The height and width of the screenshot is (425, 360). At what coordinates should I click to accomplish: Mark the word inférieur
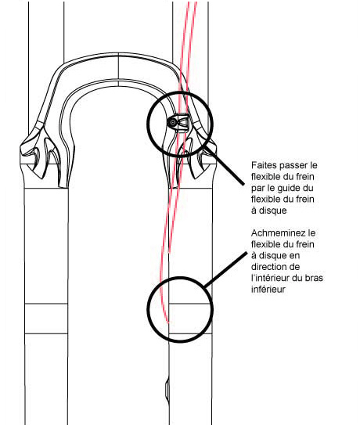tap(268, 290)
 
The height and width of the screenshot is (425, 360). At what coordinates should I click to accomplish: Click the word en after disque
tap(294, 256)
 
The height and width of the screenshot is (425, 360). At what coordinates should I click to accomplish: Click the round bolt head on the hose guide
tap(173, 123)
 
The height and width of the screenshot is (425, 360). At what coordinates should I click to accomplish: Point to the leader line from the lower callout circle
tap(225, 269)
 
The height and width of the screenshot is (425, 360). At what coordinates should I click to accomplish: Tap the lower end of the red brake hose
tap(167, 322)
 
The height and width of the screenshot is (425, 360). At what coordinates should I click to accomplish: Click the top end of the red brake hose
tap(193, 2)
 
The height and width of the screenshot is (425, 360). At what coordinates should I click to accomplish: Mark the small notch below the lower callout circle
tap(167, 390)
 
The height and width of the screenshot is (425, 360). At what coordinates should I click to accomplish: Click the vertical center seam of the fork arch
tap(119, 70)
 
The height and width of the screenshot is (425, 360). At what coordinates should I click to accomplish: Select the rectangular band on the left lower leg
tap(46, 319)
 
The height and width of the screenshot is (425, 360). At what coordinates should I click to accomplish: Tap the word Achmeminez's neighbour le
tap(309, 232)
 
